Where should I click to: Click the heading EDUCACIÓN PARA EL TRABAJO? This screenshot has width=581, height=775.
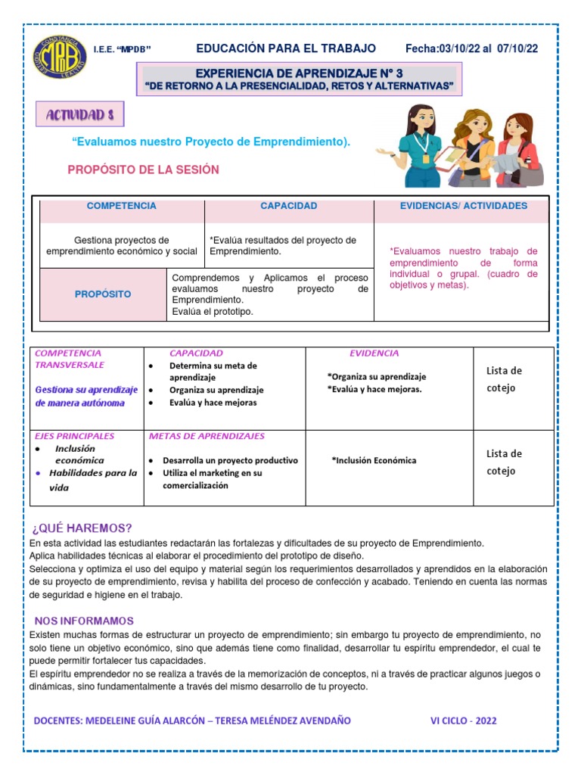pos(286,48)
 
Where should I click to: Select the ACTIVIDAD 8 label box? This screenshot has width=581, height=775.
pos(80,115)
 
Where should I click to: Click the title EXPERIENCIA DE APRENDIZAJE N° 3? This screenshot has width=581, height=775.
pos(298,73)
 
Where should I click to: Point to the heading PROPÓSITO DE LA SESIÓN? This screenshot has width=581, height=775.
pos(143,170)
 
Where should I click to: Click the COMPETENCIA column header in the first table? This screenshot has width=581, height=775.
pos(121,206)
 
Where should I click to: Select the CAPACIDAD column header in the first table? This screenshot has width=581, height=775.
pos(288,206)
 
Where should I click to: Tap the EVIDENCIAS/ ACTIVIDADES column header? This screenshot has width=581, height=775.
pos(463,206)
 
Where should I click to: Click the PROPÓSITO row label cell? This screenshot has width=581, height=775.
pos(103,294)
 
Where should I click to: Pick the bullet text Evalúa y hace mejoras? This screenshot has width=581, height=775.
pos(213,403)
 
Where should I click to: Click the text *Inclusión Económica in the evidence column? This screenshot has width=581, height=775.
pos(374,460)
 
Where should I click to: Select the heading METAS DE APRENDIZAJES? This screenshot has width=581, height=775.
pos(207,437)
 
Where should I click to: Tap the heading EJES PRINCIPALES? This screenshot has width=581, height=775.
pos(75,437)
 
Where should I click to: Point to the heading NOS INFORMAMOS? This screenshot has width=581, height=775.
pos(83,621)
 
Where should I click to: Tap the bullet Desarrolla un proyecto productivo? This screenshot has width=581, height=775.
pos(230,460)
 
